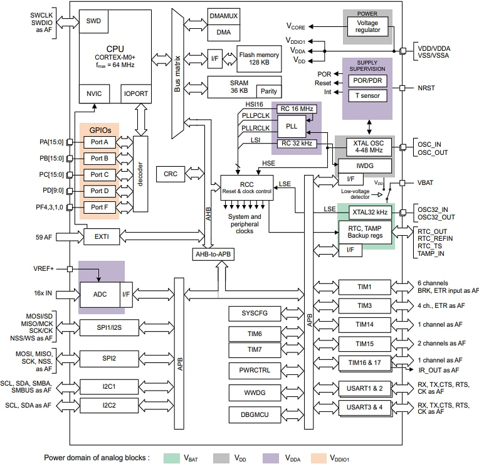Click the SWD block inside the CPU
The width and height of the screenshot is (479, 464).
[x=93, y=21]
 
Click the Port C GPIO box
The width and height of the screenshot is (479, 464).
[x=100, y=174]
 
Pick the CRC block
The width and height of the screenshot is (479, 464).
[x=170, y=174]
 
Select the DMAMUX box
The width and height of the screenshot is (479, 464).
[x=224, y=16]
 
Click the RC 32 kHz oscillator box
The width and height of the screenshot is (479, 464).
[x=298, y=144]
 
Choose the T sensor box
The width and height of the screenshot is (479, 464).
[x=367, y=96]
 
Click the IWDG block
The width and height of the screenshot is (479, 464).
[x=365, y=166]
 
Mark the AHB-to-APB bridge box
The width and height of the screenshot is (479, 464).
[x=214, y=254]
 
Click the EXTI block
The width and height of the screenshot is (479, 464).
[x=101, y=237]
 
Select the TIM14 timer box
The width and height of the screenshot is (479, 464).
[x=365, y=324]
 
